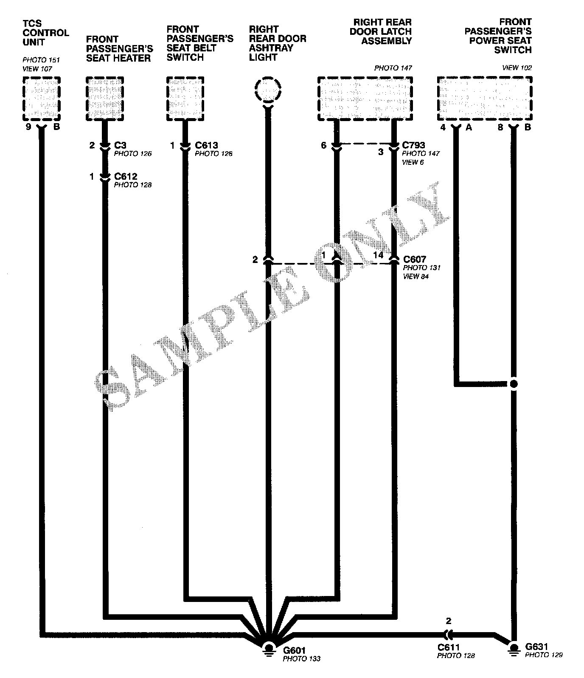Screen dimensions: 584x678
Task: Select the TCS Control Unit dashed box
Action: tap(41, 99)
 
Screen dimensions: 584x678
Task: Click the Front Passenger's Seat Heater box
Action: tap(105, 99)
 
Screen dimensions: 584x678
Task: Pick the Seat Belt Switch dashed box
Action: tap(185, 99)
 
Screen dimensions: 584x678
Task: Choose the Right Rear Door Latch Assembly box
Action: tap(365, 99)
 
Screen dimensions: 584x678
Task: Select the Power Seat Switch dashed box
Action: tap(484, 99)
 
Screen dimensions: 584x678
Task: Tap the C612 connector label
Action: tap(126, 176)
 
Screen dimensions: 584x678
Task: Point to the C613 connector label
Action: tap(207, 146)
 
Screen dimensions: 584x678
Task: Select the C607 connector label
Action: tap(414, 259)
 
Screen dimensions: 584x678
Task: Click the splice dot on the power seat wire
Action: tap(514, 384)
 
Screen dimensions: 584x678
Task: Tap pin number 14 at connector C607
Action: tap(378, 255)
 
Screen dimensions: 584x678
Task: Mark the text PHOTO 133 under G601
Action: tap(301, 659)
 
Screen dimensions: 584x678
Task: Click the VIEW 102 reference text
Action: tap(517, 68)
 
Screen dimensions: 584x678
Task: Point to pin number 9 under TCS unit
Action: tap(28, 127)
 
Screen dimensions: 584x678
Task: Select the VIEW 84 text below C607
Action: tap(416, 277)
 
